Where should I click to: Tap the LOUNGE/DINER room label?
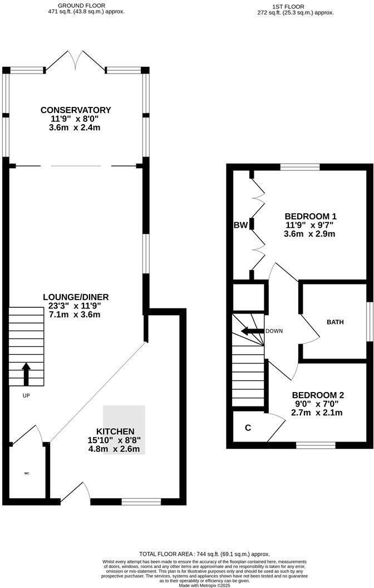[76, 296]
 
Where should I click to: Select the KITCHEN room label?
[115, 432]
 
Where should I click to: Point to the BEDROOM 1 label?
[311, 216]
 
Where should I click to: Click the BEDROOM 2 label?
[314, 395]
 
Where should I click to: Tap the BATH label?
[335, 322]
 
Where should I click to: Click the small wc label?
[26, 473]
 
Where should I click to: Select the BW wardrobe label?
[240, 225]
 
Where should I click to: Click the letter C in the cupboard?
[248, 428]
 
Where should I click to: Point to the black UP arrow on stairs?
[26, 374]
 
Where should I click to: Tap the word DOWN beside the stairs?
[274, 331]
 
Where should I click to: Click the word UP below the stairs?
[26, 395]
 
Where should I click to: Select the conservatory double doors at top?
[75, 61]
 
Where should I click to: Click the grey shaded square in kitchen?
[124, 429]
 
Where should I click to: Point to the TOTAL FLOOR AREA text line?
[204, 554]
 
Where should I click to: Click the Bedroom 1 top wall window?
[300, 166]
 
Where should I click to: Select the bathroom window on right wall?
[368, 321]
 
